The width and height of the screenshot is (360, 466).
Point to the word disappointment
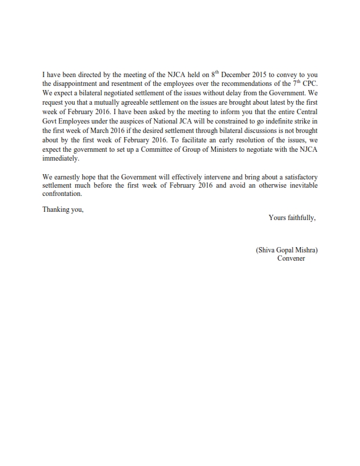point(80,84)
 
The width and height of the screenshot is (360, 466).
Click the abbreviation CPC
point(309,84)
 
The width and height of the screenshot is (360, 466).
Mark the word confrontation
point(62,195)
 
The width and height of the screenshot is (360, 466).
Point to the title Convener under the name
point(291,259)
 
